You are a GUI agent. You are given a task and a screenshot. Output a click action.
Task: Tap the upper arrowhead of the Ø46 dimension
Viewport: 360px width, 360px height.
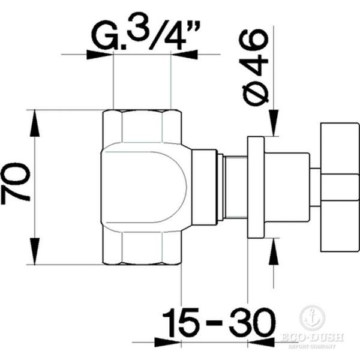tap(273, 122)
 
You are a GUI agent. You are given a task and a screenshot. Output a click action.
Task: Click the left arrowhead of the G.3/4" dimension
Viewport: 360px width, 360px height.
tap(100, 55)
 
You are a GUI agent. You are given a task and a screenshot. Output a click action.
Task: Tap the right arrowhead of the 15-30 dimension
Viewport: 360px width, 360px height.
tap(260, 344)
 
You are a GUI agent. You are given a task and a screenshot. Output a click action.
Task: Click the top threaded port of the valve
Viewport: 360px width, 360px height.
tap(142, 126)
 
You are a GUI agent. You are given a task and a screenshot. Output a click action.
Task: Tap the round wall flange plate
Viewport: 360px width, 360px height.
tap(256, 187)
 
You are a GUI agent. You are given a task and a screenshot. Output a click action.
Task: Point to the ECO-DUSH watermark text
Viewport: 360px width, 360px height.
tap(312, 338)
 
